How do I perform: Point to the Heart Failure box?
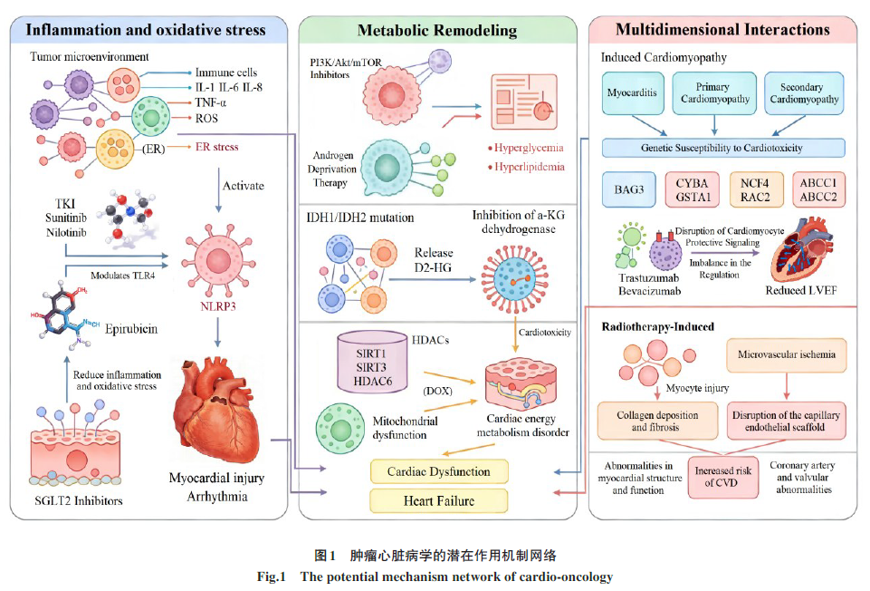click(438, 499)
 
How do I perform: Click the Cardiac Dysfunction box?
click(438, 471)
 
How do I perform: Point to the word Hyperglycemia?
click(530, 148)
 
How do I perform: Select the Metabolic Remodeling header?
click(437, 30)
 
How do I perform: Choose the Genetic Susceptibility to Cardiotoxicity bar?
click(723, 148)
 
